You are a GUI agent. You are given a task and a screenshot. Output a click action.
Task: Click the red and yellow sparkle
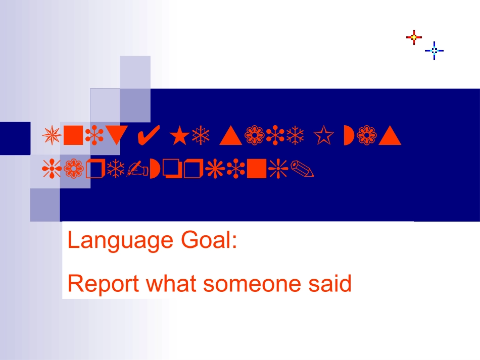(414, 37)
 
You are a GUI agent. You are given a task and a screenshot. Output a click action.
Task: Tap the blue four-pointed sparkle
(434, 50)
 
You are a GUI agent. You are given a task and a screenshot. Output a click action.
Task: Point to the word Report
(104, 285)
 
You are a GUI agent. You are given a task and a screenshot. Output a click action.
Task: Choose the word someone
(253, 284)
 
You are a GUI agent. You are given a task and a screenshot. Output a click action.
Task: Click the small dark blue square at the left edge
(15, 138)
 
